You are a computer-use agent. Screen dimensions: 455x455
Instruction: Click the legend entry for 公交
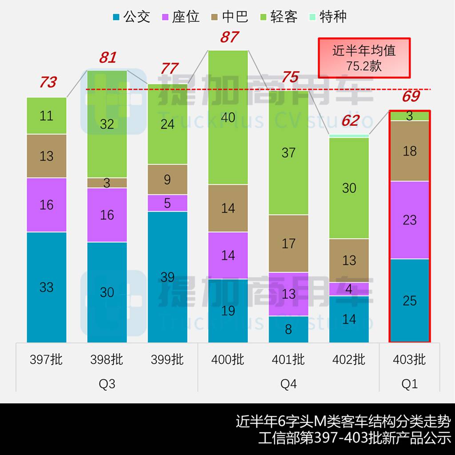(131, 17)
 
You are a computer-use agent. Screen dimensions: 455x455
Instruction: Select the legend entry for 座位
(180, 17)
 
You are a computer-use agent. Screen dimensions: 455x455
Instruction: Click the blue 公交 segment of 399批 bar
(168, 277)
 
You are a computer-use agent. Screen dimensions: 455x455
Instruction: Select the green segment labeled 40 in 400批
(228, 117)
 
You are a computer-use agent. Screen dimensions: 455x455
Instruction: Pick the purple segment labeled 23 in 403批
(409, 220)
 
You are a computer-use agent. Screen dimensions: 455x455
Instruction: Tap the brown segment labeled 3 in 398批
(107, 183)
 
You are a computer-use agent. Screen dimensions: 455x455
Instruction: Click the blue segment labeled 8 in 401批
(288, 329)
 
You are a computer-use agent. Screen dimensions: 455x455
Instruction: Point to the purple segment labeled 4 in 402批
(349, 289)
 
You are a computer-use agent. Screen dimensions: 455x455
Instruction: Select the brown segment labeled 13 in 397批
(47, 156)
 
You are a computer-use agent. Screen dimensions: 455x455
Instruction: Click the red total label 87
(229, 37)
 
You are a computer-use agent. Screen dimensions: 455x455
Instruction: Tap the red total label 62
(350, 120)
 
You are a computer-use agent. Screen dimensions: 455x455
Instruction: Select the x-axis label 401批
(288, 359)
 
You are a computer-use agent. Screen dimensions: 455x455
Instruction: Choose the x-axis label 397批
(47, 359)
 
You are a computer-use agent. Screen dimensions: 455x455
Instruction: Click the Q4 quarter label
(288, 383)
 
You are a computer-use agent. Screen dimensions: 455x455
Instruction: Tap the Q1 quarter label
(409, 383)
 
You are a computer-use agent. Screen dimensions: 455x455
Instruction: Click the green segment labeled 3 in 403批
(409, 116)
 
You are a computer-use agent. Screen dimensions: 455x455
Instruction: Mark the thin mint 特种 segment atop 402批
(349, 136)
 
